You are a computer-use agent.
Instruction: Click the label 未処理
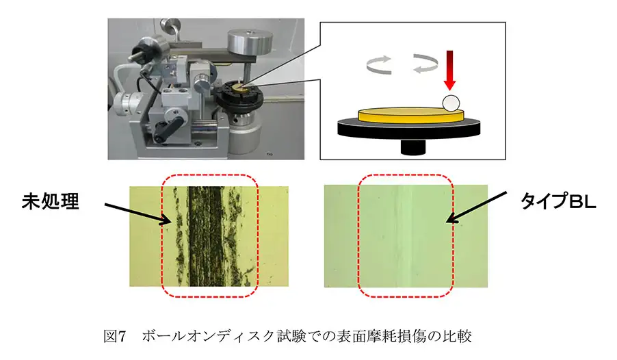click(51, 202)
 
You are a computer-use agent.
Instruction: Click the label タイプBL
click(558, 201)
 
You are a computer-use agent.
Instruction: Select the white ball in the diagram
click(451, 103)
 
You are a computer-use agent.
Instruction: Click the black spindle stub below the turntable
click(413, 146)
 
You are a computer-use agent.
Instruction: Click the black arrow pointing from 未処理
click(138, 214)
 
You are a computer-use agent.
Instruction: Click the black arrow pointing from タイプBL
click(477, 207)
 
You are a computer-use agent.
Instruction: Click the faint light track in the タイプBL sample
click(405, 236)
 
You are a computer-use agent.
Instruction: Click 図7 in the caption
click(114, 336)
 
